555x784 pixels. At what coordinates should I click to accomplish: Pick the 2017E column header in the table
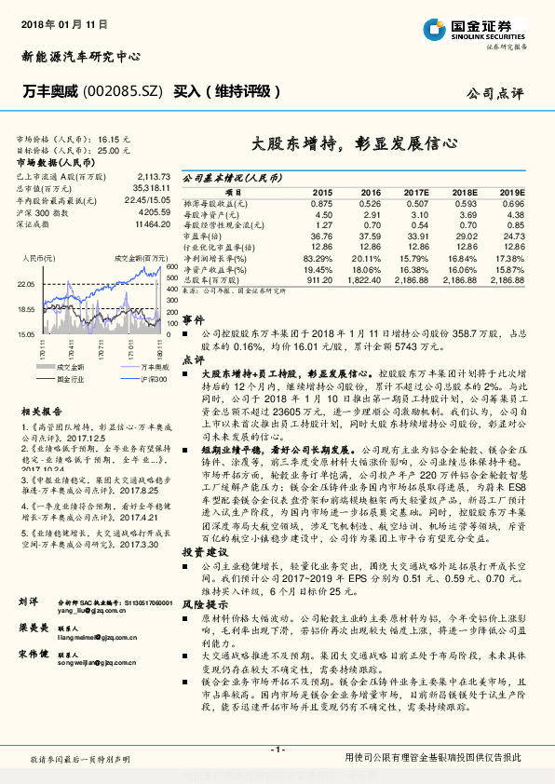[x=415, y=191]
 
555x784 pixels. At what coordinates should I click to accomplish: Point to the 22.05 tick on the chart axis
[x=25, y=284]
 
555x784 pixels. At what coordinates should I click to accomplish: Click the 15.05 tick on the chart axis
[x=25, y=332]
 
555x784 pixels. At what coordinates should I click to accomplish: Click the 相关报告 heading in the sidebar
[x=41, y=411]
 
